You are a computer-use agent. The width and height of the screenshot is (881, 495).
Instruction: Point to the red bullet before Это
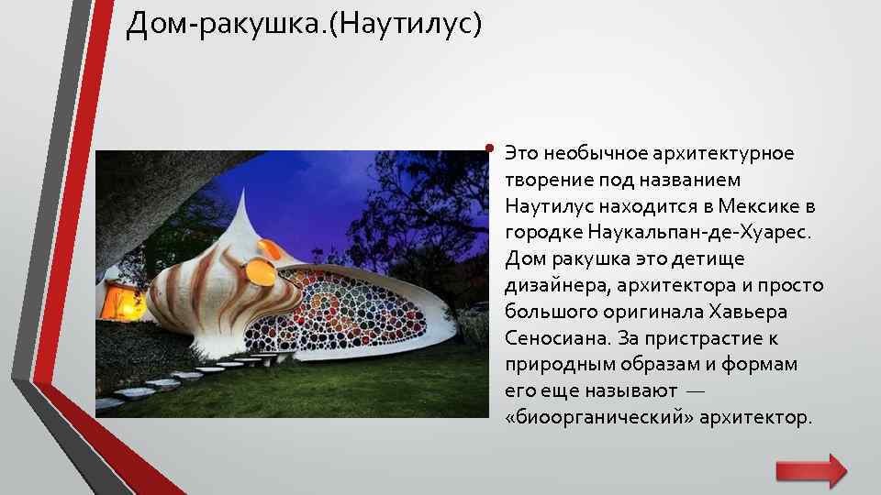click(x=492, y=148)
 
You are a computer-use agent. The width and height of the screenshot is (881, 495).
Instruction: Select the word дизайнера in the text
click(x=547, y=284)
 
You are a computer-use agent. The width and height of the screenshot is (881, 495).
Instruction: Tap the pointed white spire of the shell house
click(x=242, y=206)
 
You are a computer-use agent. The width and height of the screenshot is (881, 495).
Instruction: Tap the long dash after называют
click(x=696, y=391)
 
